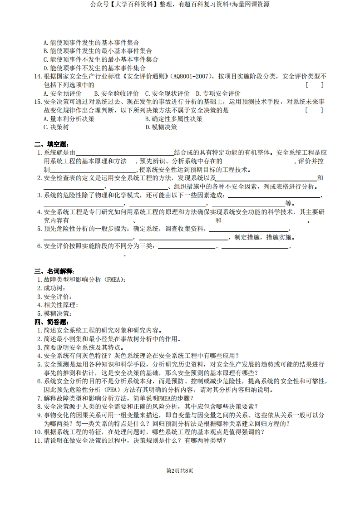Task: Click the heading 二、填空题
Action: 50,144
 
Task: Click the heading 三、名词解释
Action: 53,271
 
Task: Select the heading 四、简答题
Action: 50,322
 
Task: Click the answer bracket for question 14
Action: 314,85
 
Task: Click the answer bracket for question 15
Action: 314,110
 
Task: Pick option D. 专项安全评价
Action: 218,93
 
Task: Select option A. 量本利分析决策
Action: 69,119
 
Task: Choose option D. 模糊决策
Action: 161,127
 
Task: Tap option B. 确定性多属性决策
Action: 174,119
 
